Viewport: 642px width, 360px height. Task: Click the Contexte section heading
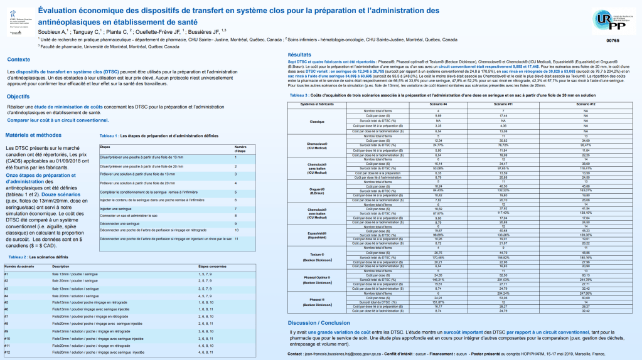click(x=20, y=60)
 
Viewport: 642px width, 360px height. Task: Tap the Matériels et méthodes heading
click(x=33, y=135)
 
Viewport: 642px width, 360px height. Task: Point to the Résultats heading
click(x=301, y=55)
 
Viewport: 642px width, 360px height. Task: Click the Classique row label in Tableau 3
click(x=317, y=121)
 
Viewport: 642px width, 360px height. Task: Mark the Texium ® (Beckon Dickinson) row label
click(x=317, y=257)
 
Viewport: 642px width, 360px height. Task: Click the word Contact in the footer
click(x=296, y=354)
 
